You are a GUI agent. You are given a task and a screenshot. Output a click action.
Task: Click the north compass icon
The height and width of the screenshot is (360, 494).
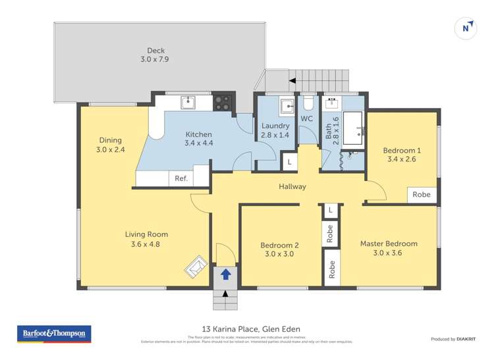pos(466,28)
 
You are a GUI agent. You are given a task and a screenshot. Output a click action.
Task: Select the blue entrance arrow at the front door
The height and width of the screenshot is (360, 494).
pos(225,274)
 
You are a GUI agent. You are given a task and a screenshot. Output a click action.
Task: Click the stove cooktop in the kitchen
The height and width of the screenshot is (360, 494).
pos(223,102)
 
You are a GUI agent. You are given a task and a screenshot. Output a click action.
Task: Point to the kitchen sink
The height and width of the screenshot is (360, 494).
pos(188,101)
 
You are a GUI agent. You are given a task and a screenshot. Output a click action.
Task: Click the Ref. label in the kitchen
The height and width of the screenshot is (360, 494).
pos(180,178)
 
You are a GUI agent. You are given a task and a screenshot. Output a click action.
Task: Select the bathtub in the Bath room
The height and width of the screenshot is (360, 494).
pos(354,128)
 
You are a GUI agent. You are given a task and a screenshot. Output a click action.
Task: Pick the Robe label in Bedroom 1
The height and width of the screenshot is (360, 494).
pos(421,194)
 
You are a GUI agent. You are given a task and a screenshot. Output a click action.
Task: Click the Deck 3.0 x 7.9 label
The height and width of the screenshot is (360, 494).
pos(155,55)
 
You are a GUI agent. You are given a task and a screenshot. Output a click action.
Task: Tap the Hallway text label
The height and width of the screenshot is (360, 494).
pos(292,186)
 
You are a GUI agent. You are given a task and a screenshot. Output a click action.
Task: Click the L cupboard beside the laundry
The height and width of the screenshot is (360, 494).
pos(288,161)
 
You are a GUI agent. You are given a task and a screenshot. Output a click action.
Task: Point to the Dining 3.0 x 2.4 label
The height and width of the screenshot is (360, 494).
pos(110,145)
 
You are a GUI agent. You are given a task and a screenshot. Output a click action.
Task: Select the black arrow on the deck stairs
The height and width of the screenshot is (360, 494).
pos(292,80)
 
